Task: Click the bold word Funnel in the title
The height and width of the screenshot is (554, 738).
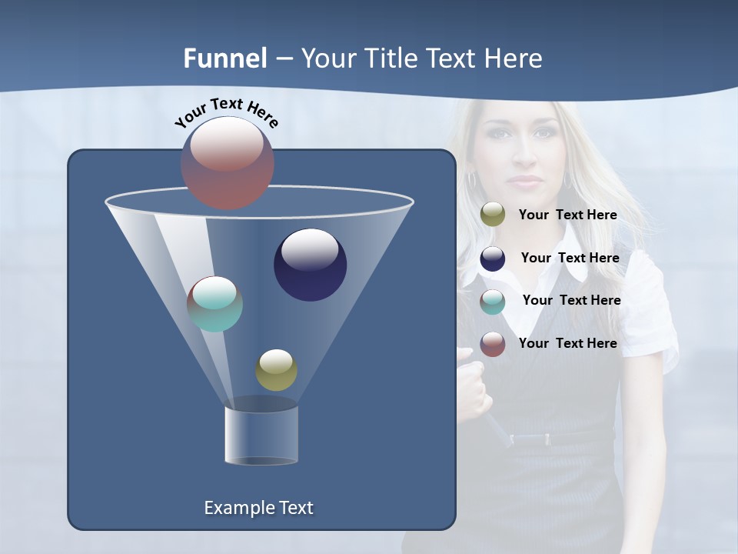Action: pos(224,58)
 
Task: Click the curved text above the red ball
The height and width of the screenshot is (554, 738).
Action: pos(227,112)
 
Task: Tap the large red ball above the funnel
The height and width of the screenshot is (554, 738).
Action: pos(228,162)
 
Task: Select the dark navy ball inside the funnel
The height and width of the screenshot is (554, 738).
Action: pos(310,265)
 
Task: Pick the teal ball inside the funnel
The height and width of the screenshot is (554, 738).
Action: pos(214,304)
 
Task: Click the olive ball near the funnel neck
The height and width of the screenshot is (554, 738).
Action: pos(276,370)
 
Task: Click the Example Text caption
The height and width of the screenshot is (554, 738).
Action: pos(258,508)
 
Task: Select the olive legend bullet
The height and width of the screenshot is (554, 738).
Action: pos(493,215)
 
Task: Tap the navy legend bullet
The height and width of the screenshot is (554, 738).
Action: pos(493,259)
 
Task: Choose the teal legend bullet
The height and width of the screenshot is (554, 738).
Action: pos(493,302)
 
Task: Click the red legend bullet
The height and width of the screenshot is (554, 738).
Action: pos(493,344)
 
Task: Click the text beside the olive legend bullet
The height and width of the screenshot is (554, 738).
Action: pos(567,215)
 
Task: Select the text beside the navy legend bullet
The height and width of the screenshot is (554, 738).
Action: pos(570,259)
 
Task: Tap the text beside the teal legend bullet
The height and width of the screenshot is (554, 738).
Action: pos(571,301)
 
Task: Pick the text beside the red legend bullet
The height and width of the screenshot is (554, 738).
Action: pos(567,343)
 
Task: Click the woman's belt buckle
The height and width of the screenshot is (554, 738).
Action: pos(547,439)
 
